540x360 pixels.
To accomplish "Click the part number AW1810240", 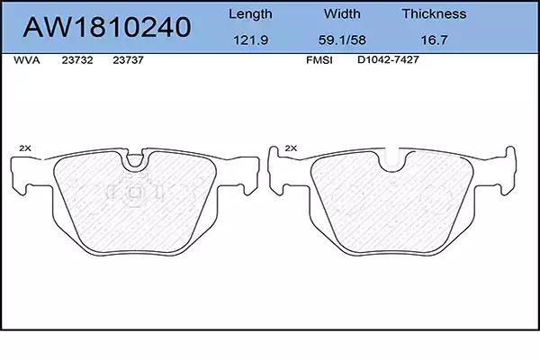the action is coord(107,27).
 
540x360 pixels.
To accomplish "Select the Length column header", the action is coord(250,14).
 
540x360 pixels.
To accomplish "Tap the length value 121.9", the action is coord(251,40).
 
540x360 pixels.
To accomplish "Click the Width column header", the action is coord(342,13).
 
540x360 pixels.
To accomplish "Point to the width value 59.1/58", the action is coord(342,40).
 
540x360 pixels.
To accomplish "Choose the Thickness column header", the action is coord(434,13).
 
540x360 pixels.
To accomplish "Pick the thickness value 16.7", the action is coord(434,40).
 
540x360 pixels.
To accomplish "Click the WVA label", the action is coord(26,60).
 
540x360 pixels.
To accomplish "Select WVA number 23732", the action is coord(77,60).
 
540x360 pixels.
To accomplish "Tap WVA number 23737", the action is coord(128,60).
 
